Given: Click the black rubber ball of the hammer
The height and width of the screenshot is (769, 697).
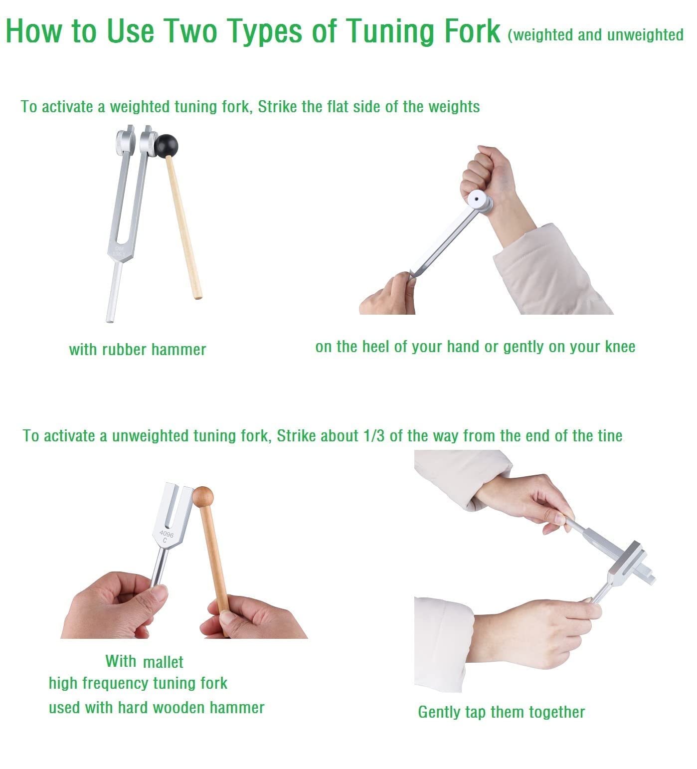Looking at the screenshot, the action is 166,145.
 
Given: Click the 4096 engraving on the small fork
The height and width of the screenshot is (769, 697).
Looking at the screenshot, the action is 167,535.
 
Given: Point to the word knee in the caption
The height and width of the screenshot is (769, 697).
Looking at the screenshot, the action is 620,347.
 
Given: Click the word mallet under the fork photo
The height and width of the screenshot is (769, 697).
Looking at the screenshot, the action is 163,662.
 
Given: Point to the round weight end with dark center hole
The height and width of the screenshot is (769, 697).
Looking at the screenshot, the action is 480,200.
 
